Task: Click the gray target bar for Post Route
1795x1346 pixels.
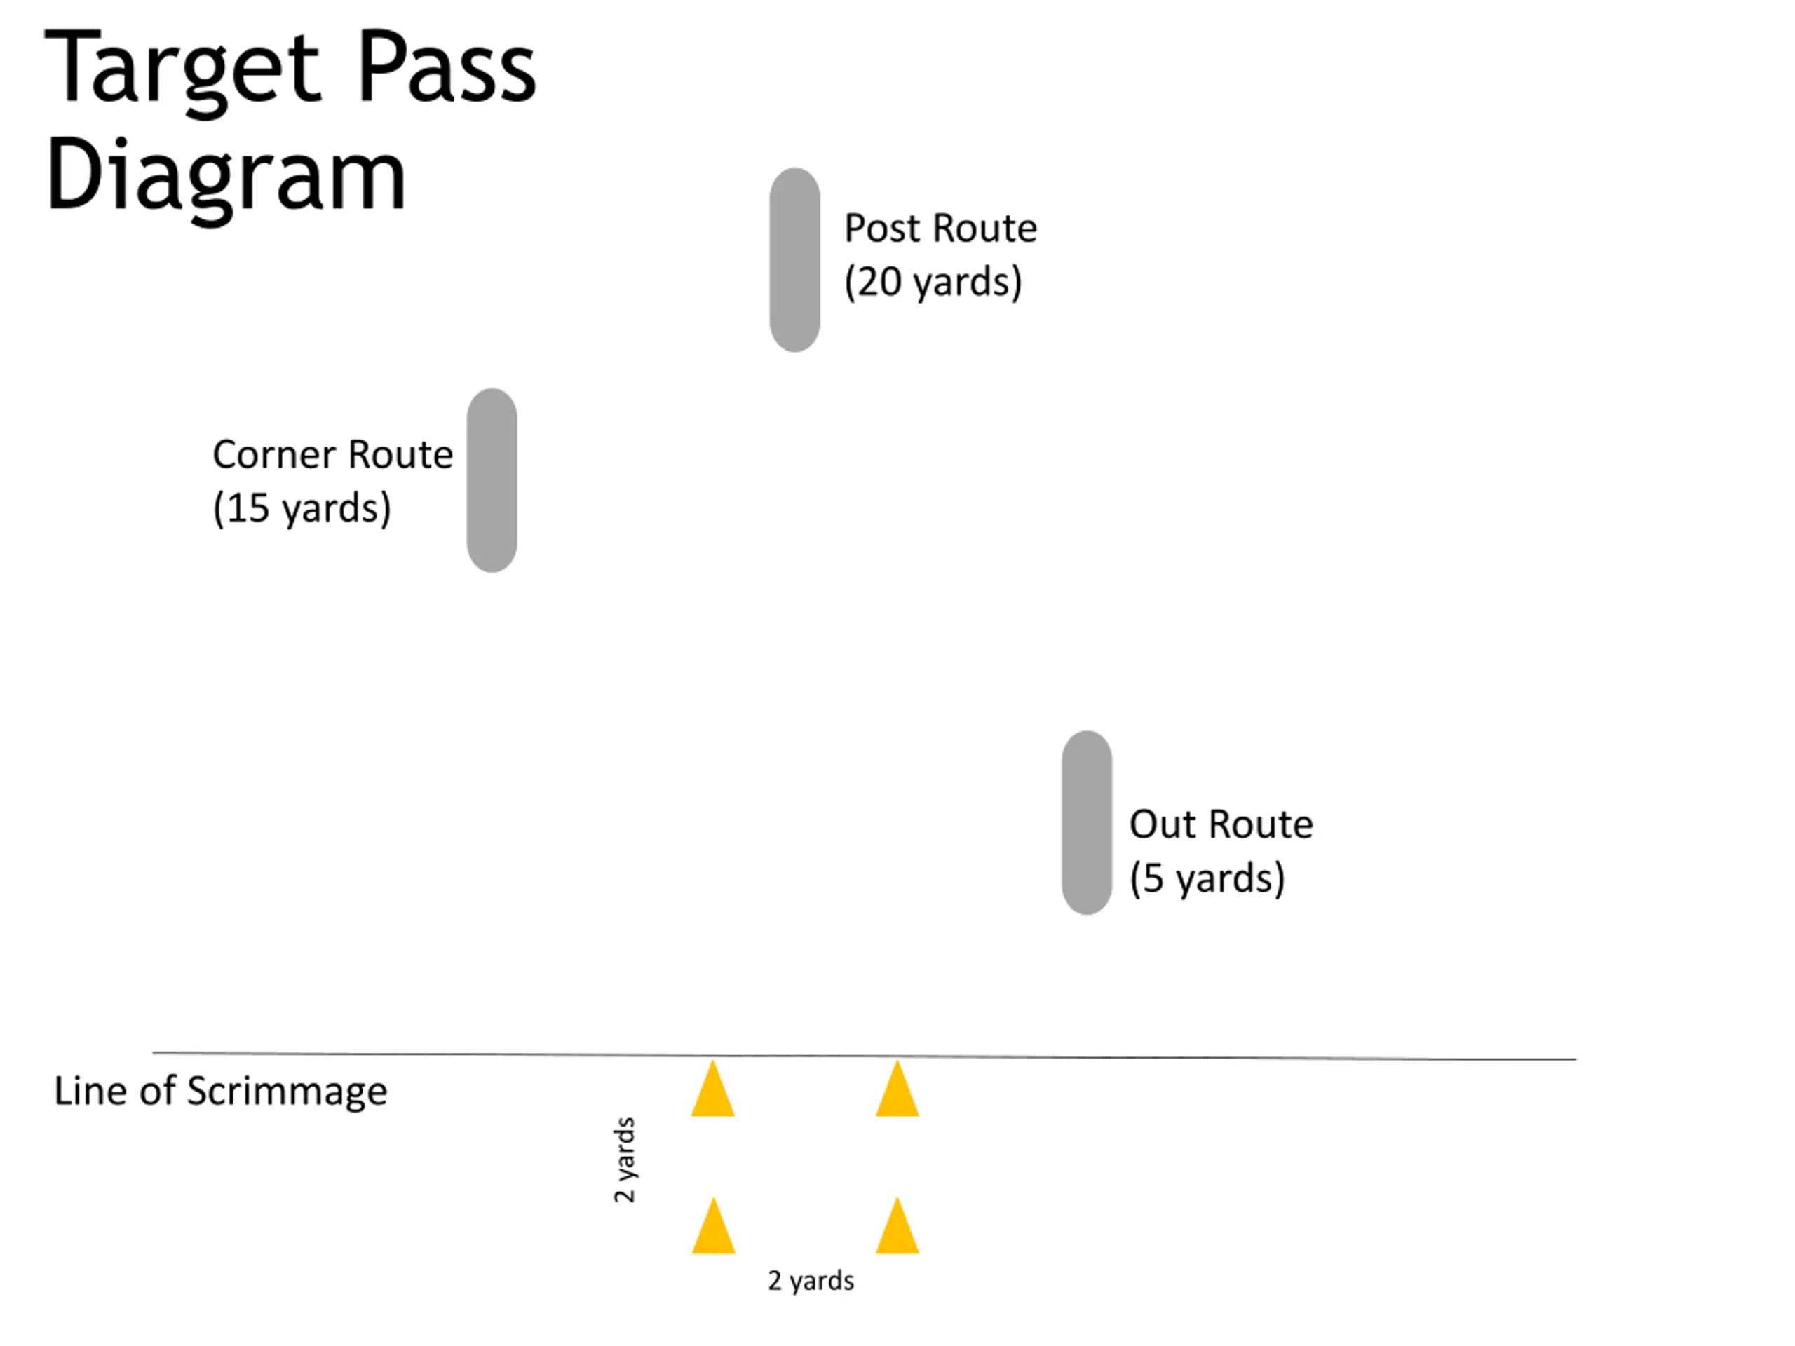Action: tap(794, 259)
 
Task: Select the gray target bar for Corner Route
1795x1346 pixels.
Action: tap(492, 480)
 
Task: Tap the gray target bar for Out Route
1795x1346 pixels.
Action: tap(1087, 823)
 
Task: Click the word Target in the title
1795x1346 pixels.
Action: tap(182, 69)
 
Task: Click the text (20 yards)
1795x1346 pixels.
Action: tap(933, 283)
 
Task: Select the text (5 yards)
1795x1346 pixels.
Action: tap(1207, 878)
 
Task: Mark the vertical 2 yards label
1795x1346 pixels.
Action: tap(624, 1160)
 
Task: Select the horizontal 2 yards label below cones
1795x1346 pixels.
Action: tap(811, 1280)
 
